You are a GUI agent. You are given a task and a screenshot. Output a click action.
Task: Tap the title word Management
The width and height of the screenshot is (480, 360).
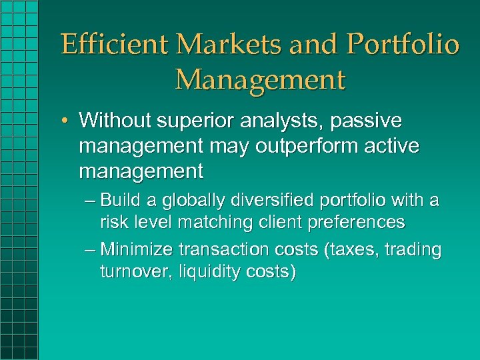(260, 79)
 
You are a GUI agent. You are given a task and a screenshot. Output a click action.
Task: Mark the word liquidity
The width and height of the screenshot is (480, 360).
(205, 272)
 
